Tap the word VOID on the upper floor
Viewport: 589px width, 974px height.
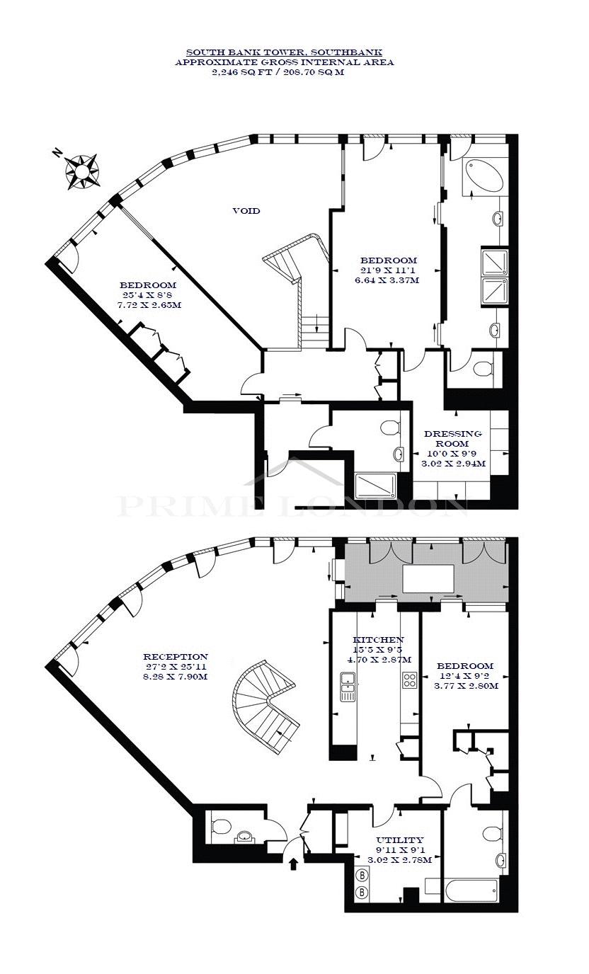pyautogui.click(x=246, y=211)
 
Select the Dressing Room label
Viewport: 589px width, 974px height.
pyautogui.click(x=453, y=438)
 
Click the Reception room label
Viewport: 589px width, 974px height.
pyautogui.click(x=176, y=657)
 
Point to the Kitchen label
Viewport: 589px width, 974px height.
pyautogui.click(x=378, y=640)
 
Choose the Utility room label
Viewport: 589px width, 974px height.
pyautogui.click(x=400, y=840)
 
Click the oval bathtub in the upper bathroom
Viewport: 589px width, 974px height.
pyautogui.click(x=484, y=175)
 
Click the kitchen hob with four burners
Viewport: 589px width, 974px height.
pyautogui.click(x=410, y=680)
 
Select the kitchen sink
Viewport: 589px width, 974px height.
pyautogui.click(x=348, y=687)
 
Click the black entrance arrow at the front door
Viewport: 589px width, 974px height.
pyautogui.click(x=294, y=864)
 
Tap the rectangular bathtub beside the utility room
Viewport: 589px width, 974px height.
pyautogui.click(x=470, y=890)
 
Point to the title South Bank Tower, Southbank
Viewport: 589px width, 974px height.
pyautogui.click(x=285, y=52)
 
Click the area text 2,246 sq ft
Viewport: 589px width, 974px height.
pyautogui.click(x=241, y=72)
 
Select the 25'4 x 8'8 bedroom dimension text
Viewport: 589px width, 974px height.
pyautogui.click(x=149, y=295)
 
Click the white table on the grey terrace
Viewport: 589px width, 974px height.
pyautogui.click(x=428, y=579)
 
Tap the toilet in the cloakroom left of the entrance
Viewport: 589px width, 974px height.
pyautogui.click(x=221, y=826)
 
